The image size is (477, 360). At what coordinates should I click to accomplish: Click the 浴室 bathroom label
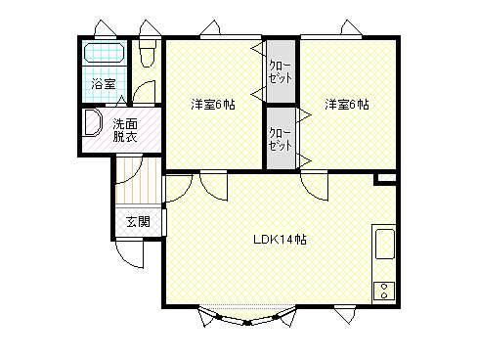[103, 84]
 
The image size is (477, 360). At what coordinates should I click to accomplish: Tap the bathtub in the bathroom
[105, 53]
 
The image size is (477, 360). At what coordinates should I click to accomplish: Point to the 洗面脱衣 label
[125, 130]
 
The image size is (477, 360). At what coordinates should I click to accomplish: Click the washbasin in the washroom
[92, 122]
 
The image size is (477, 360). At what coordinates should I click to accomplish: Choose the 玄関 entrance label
[138, 222]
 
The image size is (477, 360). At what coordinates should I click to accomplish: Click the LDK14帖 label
[280, 240]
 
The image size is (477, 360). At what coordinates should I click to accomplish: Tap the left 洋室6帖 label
[213, 105]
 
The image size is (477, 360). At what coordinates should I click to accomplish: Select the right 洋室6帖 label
[347, 105]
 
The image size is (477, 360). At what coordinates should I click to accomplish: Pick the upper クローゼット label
[281, 72]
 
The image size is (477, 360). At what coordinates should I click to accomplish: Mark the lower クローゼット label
[281, 139]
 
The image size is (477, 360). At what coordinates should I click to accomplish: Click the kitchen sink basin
[385, 245]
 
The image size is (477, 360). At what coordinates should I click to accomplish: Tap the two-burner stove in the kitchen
[384, 291]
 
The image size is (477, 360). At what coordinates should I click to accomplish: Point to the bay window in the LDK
[247, 315]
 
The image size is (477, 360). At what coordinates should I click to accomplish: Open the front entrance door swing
[130, 253]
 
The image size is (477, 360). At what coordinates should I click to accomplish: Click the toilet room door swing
[145, 92]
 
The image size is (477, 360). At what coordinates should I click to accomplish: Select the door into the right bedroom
[314, 186]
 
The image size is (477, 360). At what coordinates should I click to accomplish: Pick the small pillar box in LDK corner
[385, 179]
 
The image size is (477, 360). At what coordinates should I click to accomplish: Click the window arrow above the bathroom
[106, 28]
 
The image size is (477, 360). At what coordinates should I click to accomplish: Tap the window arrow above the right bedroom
[351, 27]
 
